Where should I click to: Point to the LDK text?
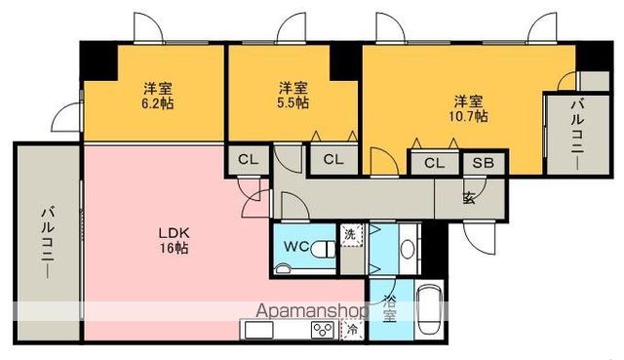click(175, 232)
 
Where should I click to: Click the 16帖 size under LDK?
click(175, 249)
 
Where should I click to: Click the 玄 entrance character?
click(470, 197)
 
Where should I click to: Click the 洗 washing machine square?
click(351, 233)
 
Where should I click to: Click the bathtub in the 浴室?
click(428, 310)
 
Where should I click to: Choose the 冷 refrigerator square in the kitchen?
click(352, 331)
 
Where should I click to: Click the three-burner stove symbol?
click(323, 330)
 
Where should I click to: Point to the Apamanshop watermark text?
click(311, 311)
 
